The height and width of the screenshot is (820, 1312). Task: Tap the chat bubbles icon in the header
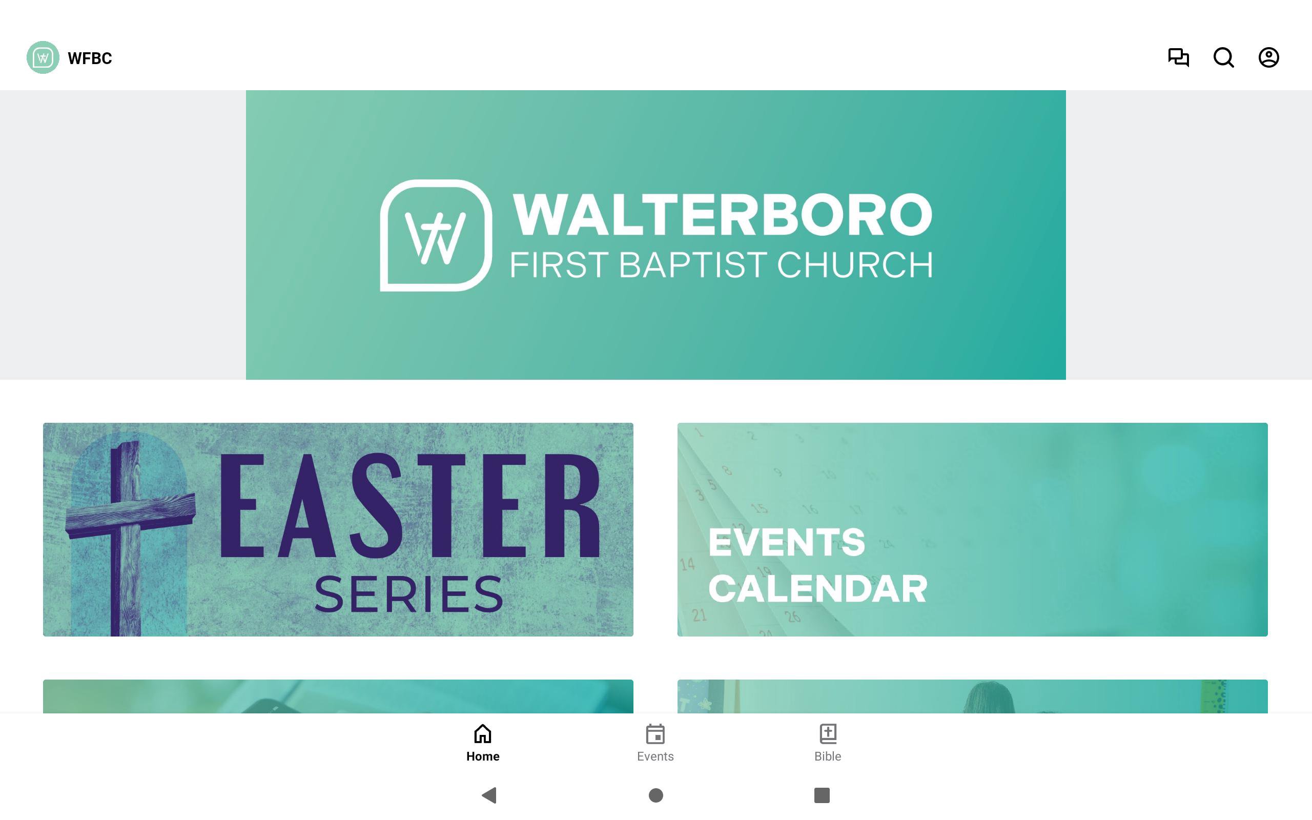tap(1178, 57)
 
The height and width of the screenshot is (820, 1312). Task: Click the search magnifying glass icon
tap(1224, 57)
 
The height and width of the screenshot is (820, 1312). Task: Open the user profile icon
tap(1268, 57)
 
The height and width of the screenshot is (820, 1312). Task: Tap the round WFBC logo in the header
tap(43, 57)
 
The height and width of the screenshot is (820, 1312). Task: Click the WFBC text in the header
tap(90, 58)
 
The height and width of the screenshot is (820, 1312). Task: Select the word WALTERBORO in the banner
tap(722, 215)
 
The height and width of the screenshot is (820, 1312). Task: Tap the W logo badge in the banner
tap(436, 235)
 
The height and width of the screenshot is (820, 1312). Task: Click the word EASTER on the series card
tap(410, 506)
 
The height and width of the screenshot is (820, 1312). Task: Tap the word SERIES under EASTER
tap(409, 595)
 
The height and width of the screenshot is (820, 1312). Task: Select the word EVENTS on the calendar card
tap(787, 542)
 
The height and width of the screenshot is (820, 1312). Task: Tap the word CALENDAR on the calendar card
tap(818, 589)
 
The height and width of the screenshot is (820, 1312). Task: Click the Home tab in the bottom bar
tap(482, 743)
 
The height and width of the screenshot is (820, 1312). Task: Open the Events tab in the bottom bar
tap(655, 743)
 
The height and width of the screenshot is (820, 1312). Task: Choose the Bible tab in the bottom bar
tap(828, 743)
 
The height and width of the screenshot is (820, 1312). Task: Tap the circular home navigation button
tap(656, 795)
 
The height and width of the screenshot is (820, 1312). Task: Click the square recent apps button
tap(822, 795)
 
